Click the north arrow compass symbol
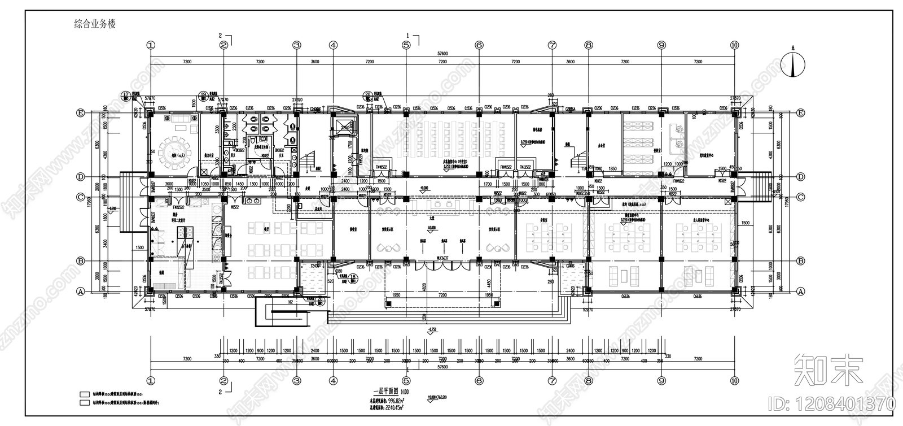click(793, 65)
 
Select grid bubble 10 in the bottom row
click(734, 380)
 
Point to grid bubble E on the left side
click(81, 113)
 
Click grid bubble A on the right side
click(800, 292)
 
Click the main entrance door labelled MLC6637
click(441, 258)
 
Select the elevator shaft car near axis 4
click(342, 128)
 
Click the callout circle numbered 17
click(126, 95)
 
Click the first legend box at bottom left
click(85, 394)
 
